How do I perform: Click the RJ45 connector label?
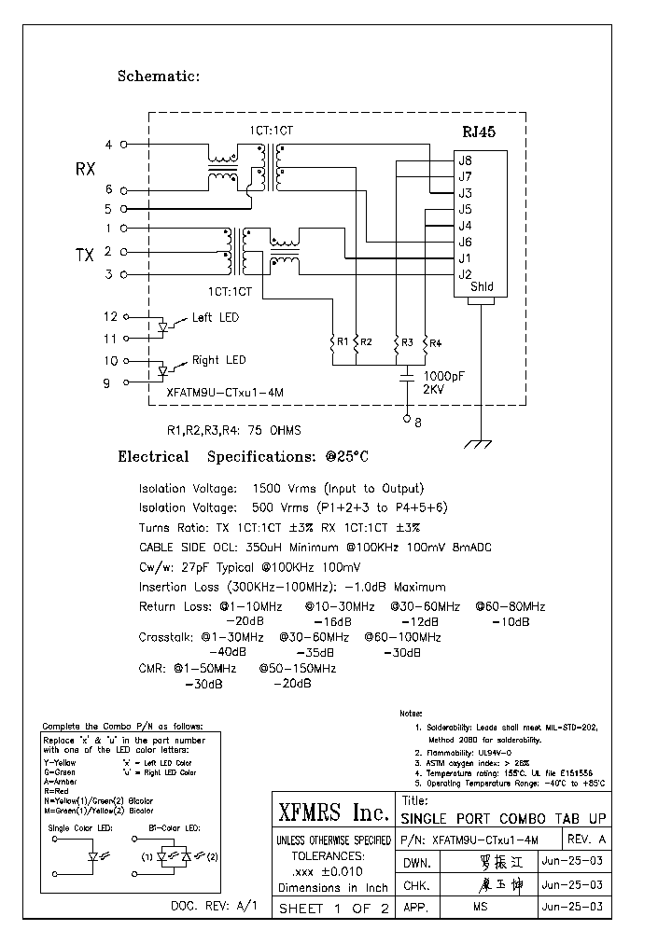pos(479,132)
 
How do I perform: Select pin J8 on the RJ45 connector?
pos(465,160)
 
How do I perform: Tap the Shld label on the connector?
pos(482,287)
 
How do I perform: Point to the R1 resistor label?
pos(343,342)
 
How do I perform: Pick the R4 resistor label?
pos(435,343)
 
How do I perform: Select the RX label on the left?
pos(85,170)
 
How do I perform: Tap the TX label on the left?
pos(85,255)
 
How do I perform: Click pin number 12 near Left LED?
pos(111,317)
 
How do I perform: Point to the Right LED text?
pos(218,360)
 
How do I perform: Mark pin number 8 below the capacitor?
pos(417,422)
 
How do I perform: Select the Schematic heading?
pos(159,76)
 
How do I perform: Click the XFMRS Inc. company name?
pos(333,813)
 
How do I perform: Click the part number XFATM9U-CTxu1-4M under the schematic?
pos(224,394)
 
